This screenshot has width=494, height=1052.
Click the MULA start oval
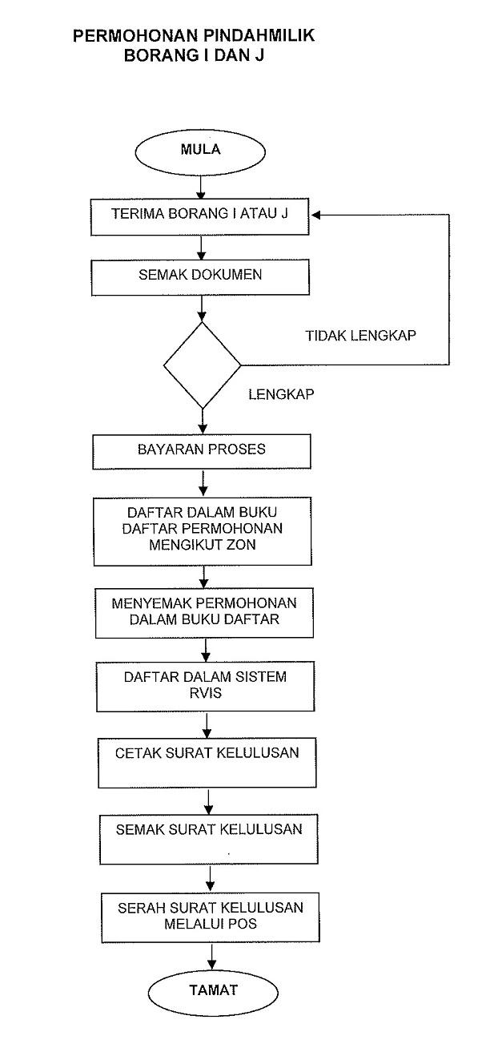(200, 152)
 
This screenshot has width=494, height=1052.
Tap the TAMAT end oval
(213, 993)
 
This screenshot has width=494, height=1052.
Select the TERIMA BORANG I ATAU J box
(200, 217)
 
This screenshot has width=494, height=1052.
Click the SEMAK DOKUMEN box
(200, 277)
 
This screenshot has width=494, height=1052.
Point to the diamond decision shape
(203, 365)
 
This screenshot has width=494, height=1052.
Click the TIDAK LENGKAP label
(361, 336)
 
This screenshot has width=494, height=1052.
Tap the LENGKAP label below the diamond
(281, 394)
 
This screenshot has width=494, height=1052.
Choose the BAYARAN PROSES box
(202, 452)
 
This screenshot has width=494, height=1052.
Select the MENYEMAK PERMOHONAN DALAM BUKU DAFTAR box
(204, 613)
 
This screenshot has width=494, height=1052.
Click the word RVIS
(206, 693)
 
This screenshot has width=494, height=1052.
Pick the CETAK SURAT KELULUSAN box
(207, 763)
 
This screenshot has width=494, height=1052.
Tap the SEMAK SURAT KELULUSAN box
(209, 839)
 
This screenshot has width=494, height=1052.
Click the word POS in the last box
(243, 924)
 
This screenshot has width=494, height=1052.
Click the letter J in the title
(259, 56)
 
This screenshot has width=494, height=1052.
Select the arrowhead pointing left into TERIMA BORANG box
(315, 215)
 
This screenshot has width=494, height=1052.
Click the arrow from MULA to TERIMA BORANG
(201, 187)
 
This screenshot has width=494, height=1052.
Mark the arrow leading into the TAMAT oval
(212, 956)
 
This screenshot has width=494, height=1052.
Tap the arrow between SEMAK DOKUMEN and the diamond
(202, 309)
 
